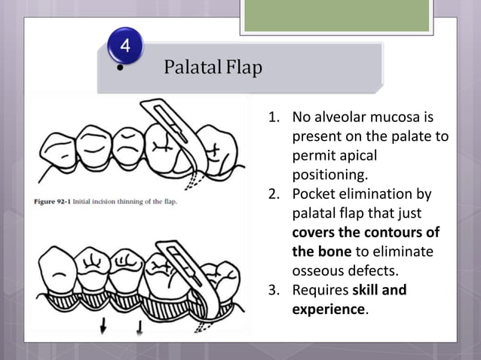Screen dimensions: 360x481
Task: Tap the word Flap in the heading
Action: pos(244,69)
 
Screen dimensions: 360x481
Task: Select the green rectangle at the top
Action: pos(336,16)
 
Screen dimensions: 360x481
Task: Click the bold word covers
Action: pos(314,233)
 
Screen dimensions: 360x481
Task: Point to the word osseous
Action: pos(317,271)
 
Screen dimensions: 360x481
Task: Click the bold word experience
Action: pos(328,309)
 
